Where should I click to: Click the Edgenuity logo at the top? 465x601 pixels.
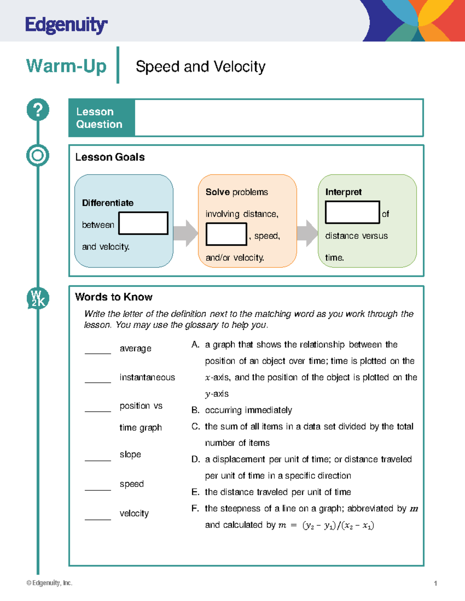click(66, 26)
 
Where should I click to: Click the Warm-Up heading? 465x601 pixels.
click(66, 66)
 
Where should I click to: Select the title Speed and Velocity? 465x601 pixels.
click(200, 67)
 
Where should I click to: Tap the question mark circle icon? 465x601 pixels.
click(38, 110)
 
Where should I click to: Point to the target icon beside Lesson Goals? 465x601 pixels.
click(38, 156)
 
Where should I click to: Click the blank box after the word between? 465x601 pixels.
click(143, 223)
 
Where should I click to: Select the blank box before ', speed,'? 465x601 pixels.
click(226, 234)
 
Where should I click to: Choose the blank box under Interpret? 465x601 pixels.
click(352, 212)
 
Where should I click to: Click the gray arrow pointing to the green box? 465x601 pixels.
click(308, 233)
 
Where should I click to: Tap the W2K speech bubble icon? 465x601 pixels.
click(38, 298)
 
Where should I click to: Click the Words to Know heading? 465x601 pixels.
click(114, 297)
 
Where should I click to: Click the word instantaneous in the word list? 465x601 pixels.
click(147, 377)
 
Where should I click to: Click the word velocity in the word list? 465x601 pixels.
click(134, 514)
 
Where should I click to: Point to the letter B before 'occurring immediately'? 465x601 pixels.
click(195, 410)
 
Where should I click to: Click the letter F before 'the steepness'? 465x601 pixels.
click(195, 509)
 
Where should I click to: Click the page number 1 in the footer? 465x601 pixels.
click(436, 583)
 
